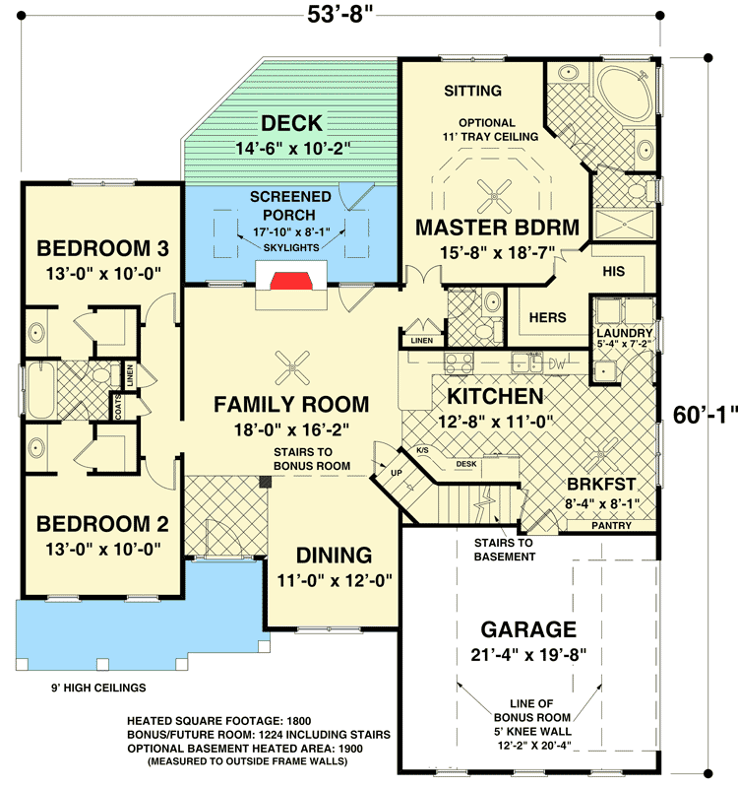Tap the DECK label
click(x=291, y=123)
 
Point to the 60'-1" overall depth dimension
click(x=705, y=415)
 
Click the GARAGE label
click(x=527, y=629)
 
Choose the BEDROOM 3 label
click(x=94, y=246)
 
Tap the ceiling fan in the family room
click(x=291, y=369)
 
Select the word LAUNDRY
click(x=624, y=334)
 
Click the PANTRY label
click(x=613, y=526)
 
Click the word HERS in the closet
click(x=547, y=318)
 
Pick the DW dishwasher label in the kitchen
click(x=557, y=362)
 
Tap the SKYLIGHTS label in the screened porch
click(x=292, y=247)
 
